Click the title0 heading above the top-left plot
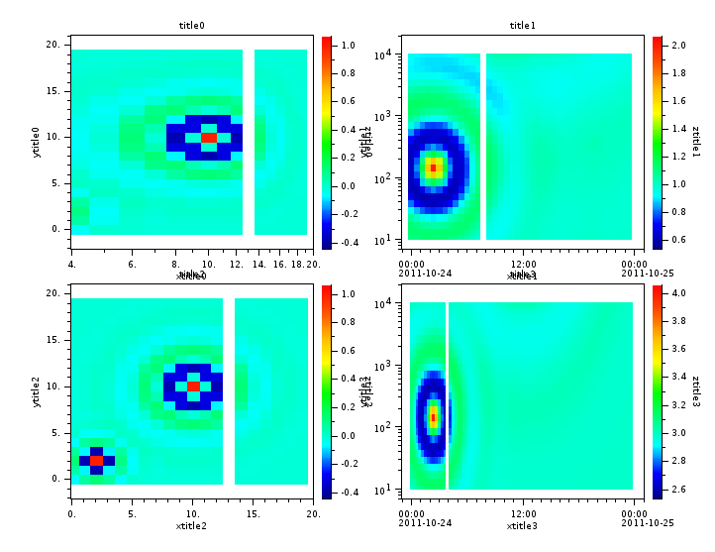(191, 25)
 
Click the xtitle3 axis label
(522, 526)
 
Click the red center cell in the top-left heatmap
(208, 137)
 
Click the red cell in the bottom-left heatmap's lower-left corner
(96, 460)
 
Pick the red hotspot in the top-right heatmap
(433, 167)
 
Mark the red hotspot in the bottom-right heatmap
(433, 417)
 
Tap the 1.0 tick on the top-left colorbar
(349, 46)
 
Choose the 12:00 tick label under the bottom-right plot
(523, 514)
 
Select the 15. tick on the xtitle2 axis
(254, 514)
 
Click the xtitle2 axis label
(191, 526)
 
